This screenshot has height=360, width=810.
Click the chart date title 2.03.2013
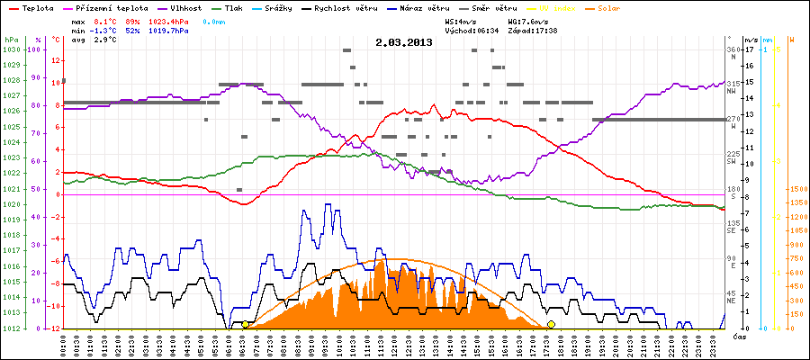tap(404, 41)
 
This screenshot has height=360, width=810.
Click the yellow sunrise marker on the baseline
tap(246, 324)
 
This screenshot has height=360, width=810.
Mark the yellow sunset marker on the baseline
tap(551, 324)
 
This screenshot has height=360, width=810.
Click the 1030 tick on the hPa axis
tap(11, 49)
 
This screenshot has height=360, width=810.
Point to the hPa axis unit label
tap(11, 40)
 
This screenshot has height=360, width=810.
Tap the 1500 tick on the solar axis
tap(796, 190)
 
